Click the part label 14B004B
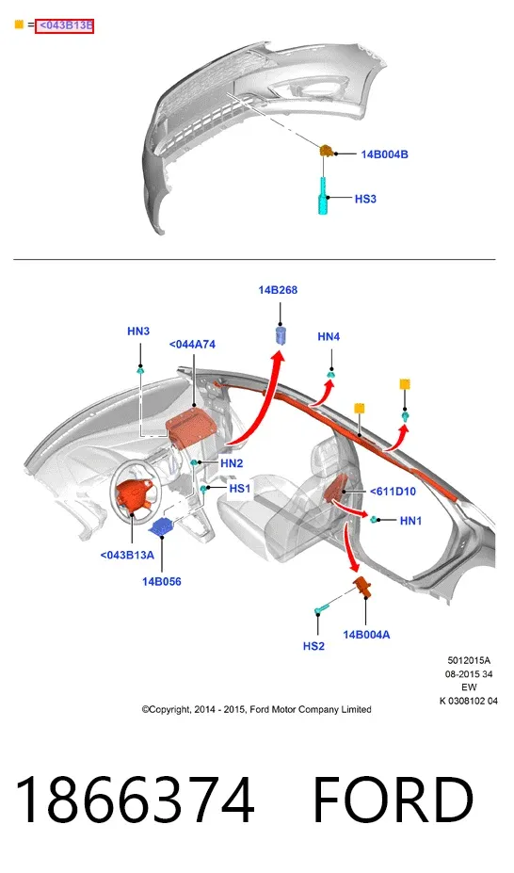tap(384, 154)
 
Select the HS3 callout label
tap(365, 199)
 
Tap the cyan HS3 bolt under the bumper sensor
tap(323, 196)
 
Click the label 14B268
tap(278, 290)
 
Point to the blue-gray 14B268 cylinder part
tap(281, 336)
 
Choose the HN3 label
tap(138, 331)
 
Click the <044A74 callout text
tap(192, 344)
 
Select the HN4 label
tap(329, 337)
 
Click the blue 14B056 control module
tap(163, 526)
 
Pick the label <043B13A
tap(127, 555)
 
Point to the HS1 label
tap(240, 488)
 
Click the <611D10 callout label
tap(393, 492)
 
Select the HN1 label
tap(410, 521)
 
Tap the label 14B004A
tap(366, 635)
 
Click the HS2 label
tap(313, 646)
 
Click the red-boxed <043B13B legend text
tap(65, 25)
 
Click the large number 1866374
tap(136, 800)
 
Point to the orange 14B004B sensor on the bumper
tap(327, 151)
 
